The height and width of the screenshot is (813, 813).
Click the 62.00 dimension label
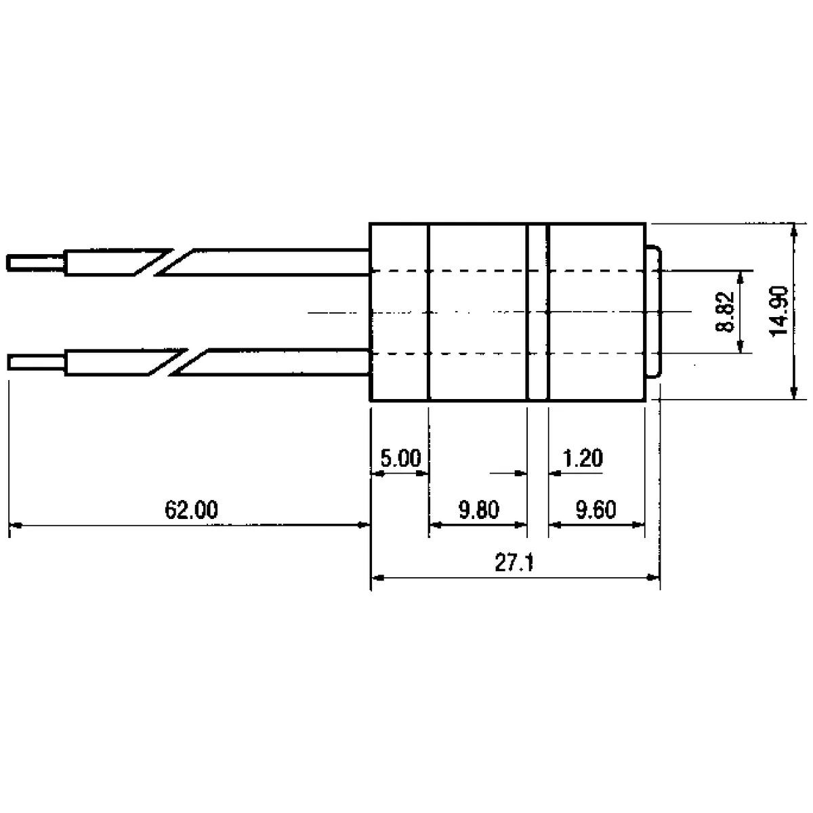192,509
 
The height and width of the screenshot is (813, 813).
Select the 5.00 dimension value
400,459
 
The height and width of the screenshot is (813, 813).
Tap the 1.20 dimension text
583,459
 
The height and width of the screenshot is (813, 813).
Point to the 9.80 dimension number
478,509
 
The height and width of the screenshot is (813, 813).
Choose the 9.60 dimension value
596,509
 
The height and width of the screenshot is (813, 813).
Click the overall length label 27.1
515,564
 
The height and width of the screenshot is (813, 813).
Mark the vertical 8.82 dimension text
726,312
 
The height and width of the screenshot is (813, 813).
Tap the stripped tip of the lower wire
37,362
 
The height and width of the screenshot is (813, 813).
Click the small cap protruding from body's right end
652,312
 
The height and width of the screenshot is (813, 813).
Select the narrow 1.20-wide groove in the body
538,312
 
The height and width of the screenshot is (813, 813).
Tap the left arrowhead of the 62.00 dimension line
15,524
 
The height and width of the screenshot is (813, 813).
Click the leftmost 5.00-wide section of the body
400,312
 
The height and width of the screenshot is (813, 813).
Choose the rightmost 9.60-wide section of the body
596,312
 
